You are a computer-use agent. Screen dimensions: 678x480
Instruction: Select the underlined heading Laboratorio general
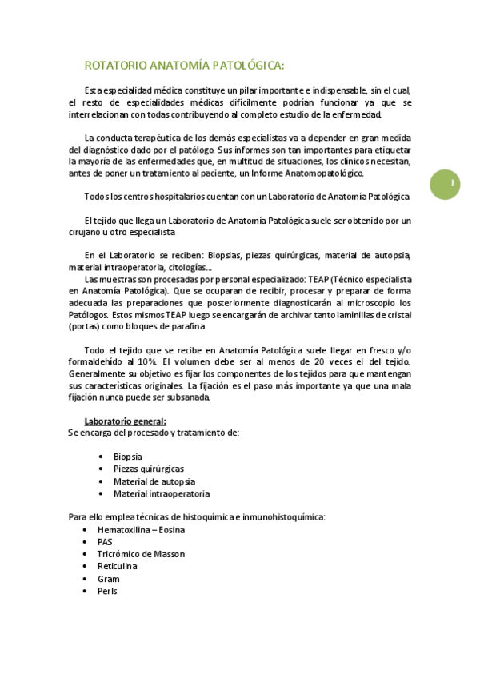tap(125, 421)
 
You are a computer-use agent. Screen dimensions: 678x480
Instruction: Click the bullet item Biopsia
tap(127, 456)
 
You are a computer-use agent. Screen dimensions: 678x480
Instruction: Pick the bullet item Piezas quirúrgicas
tap(148, 469)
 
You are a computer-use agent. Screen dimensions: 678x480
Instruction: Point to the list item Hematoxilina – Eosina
tap(141, 529)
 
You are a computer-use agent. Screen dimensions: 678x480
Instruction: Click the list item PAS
tap(105, 541)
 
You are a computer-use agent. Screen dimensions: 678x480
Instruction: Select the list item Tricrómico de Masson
tap(141, 554)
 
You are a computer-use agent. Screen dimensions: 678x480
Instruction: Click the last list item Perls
tap(107, 591)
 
